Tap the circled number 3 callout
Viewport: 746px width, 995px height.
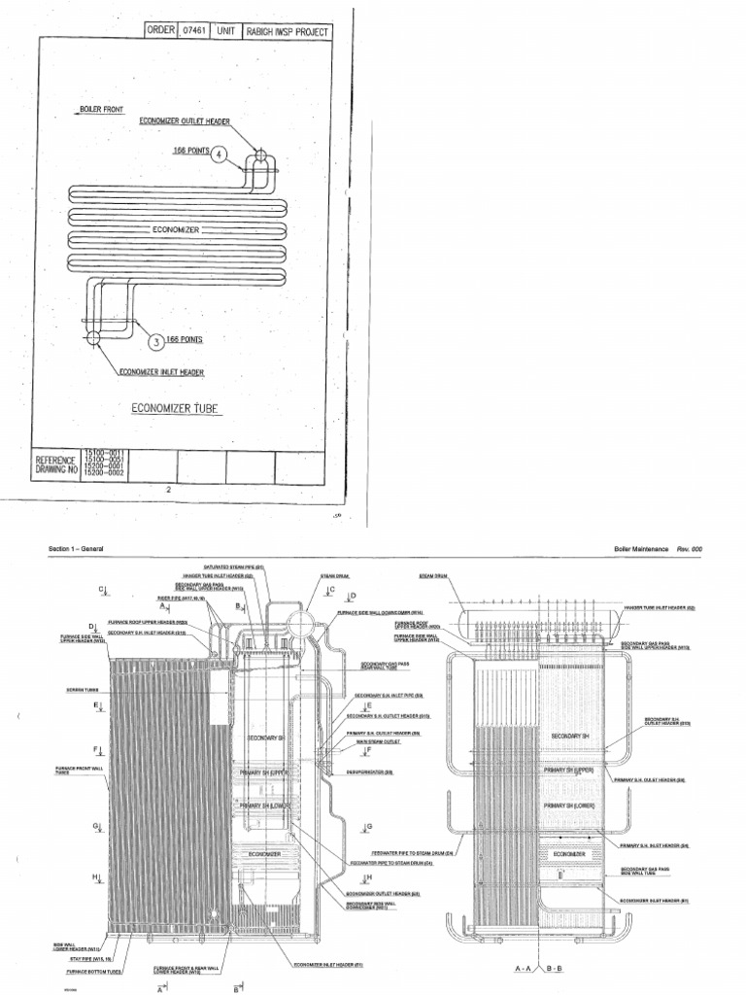coord(154,340)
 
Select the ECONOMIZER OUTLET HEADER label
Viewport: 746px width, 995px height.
coord(185,121)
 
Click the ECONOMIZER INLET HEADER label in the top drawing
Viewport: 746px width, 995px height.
coord(161,371)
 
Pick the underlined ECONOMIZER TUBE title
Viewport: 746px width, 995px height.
coord(176,407)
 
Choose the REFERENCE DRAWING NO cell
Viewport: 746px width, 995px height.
coord(56,464)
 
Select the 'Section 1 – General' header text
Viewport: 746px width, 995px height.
coord(76,550)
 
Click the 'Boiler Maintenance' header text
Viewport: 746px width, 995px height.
coord(641,550)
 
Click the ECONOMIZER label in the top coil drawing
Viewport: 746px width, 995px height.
coord(176,229)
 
